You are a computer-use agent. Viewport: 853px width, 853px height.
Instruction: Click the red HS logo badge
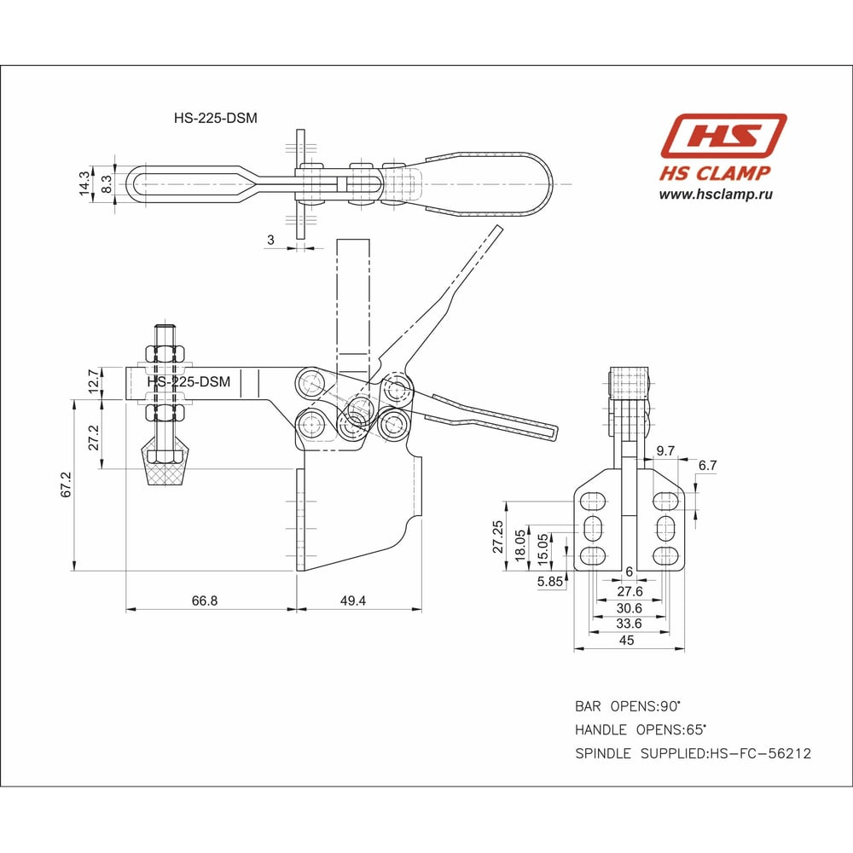pyautogui.click(x=723, y=136)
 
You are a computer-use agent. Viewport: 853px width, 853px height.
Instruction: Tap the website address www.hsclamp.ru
pyautogui.click(x=716, y=194)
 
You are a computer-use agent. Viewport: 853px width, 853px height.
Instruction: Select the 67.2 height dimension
pyautogui.click(x=67, y=485)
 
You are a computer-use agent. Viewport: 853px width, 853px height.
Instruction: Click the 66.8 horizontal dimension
pyautogui.click(x=205, y=600)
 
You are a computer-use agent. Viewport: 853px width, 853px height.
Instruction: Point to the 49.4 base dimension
pyautogui.click(x=352, y=600)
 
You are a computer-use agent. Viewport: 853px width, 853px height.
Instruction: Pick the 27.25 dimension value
pyautogui.click(x=498, y=537)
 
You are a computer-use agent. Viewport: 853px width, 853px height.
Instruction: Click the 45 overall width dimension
pyautogui.click(x=627, y=641)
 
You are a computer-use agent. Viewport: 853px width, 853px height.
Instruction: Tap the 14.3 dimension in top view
pyautogui.click(x=84, y=183)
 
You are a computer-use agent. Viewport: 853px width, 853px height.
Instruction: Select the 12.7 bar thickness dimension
pyautogui.click(x=93, y=382)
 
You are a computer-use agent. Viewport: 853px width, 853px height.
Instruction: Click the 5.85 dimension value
pyautogui.click(x=549, y=581)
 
